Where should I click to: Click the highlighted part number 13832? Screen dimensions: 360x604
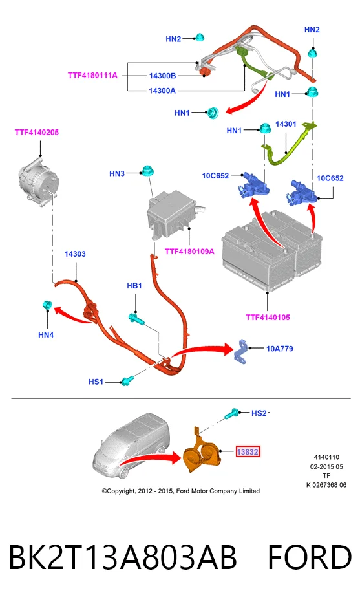248,451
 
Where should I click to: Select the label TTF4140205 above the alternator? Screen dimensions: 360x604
37,132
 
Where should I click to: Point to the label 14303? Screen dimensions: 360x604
75,254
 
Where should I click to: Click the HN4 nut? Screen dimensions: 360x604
47,305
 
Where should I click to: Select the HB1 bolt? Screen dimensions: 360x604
136,318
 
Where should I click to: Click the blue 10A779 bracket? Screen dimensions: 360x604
242,351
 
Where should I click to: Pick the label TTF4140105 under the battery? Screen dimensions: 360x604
268,318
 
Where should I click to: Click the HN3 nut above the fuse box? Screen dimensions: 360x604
146,171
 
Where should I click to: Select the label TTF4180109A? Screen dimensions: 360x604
189,252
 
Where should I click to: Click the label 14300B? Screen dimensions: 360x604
162,76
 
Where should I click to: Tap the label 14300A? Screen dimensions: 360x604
162,91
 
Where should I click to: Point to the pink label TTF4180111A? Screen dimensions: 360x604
93,76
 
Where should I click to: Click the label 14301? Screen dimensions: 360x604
286,124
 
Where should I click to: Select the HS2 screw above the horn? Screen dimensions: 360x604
233,413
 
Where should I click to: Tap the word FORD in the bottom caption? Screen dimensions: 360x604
310,557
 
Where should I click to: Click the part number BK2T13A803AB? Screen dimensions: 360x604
122,557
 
